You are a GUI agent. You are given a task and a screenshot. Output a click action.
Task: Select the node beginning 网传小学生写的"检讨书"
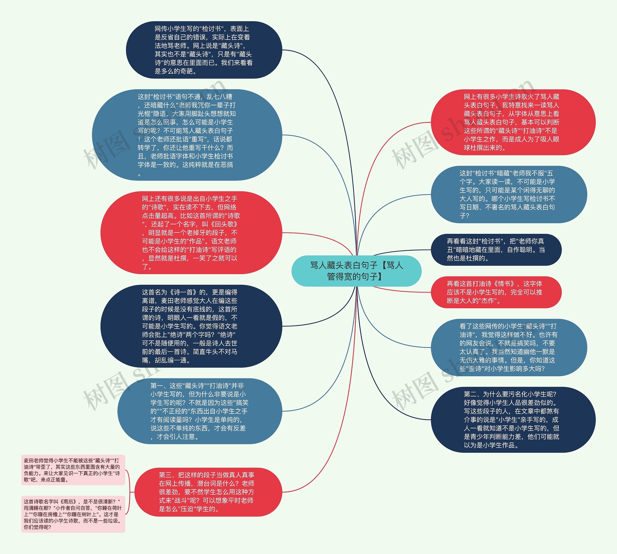pyautogui.click(x=204, y=50)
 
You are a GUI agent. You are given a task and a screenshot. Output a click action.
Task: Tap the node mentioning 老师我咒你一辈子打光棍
pyautogui.click(x=187, y=135)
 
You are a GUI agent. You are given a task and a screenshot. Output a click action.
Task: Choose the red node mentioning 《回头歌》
pyautogui.click(x=191, y=233)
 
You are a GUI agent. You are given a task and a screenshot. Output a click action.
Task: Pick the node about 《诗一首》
pyautogui.click(x=191, y=326)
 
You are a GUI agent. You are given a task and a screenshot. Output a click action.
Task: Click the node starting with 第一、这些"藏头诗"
pyautogui.click(x=200, y=411)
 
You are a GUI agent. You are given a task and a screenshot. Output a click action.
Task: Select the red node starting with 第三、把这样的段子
pyautogui.click(x=208, y=492)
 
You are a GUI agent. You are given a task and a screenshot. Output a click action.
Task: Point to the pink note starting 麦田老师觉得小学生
pyautogui.click(x=73, y=470)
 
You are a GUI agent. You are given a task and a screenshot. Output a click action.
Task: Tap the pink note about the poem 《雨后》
pyautogui.click(x=73, y=514)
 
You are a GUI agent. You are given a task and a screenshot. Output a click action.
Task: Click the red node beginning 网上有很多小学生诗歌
pyautogui.click(x=513, y=122)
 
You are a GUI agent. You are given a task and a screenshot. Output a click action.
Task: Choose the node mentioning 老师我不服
pyautogui.click(x=509, y=194)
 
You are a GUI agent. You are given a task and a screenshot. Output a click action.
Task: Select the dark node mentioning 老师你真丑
pyautogui.click(x=496, y=249)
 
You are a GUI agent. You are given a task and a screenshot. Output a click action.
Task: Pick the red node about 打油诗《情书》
pyautogui.click(x=496, y=292)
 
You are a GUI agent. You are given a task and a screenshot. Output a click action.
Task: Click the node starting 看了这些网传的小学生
pyautogui.click(x=509, y=347)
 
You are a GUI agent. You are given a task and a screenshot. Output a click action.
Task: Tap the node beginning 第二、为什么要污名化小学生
pyautogui.click(x=513, y=419)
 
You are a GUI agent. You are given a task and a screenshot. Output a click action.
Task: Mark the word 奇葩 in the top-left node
pyautogui.click(x=187, y=71)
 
